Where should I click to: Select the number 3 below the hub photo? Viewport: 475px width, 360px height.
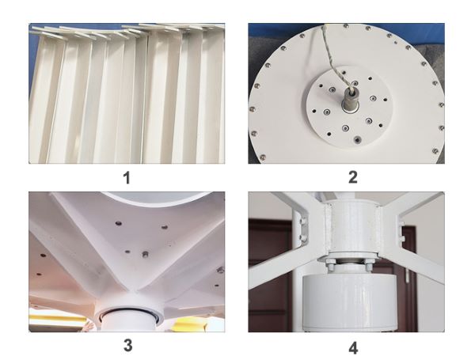click(x=127, y=345)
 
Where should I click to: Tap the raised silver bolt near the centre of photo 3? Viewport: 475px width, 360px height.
click(x=145, y=255)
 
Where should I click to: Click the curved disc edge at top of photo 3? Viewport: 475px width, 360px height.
click(x=158, y=199)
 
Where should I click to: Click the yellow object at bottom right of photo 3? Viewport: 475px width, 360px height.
click(x=194, y=323)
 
